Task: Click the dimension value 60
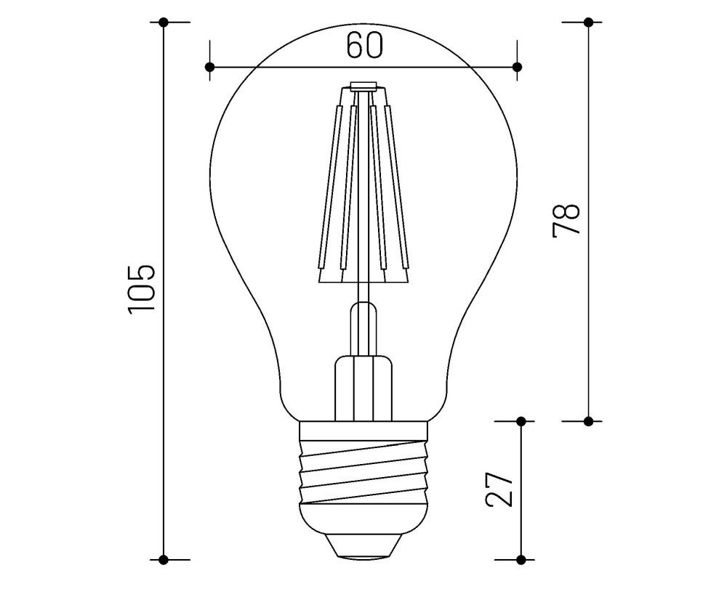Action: click(363, 46)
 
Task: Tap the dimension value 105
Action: click(142, 288)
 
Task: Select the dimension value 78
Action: click(566, 219)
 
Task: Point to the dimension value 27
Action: click(499, 490)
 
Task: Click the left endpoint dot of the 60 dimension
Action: click(209, 67)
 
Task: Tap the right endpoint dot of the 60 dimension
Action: click(518, 67)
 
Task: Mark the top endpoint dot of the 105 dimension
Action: click(164, 23)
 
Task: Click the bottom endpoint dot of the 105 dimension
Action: click(164, 559)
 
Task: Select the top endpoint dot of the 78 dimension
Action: click(588, 23)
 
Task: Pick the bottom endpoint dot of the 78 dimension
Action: click(588, 420)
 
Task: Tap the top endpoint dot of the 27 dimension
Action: click(521, 420)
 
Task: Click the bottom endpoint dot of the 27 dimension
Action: click(521, 559)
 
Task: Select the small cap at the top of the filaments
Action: click(363, 86)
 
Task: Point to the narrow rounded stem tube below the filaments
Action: click(363, 327)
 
